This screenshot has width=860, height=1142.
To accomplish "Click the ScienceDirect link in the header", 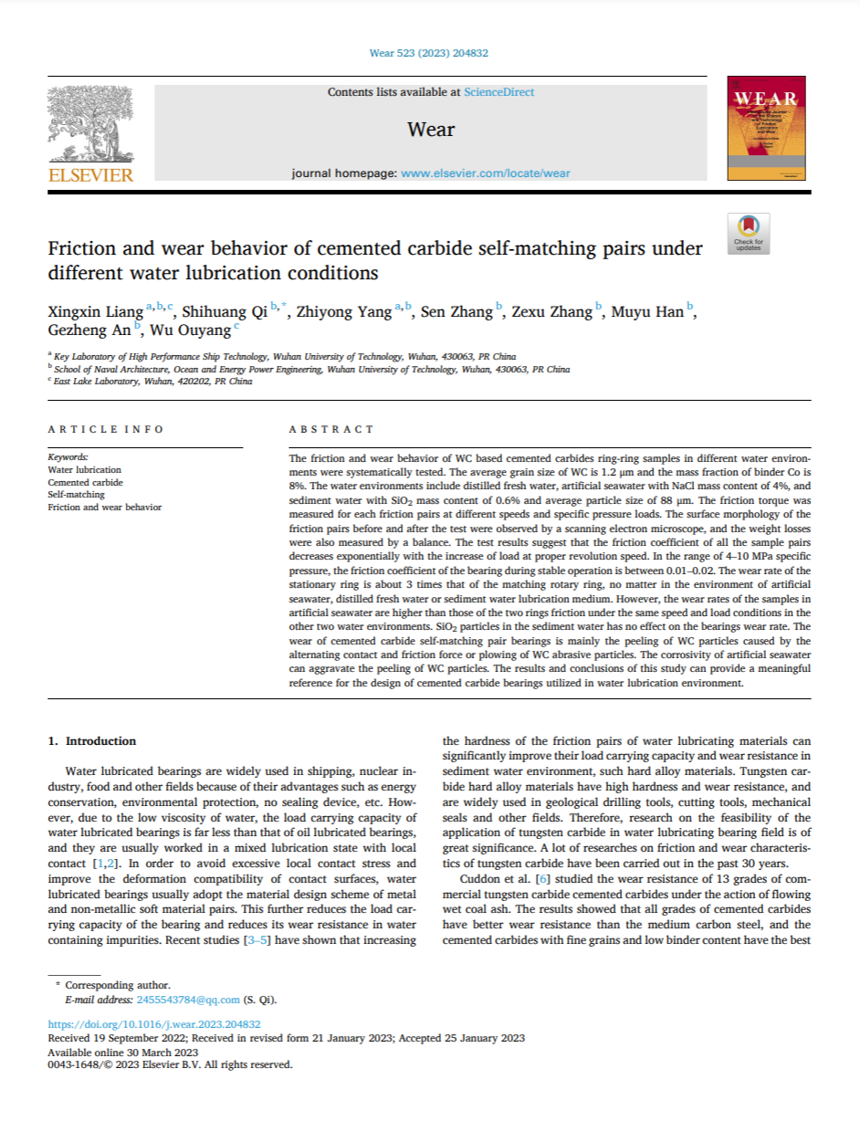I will pyautogui.click(x=498, y=92).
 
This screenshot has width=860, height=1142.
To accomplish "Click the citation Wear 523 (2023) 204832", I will pyautogui.click(x=429, y=53).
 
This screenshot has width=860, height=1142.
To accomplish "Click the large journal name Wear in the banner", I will pyautogui.click(x=430, y=129).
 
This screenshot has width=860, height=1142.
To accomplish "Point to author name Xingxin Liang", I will pyautogui.click(x=94, y=313).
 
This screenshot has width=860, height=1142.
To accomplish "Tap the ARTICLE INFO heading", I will pyautogui.click(x=105, y=429).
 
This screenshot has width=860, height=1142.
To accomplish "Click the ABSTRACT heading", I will pyautogui.click(x=330, y=429).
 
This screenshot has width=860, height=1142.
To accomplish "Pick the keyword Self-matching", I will pyautogui.click(x=76, y=494).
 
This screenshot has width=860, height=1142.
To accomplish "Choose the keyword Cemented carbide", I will pyautogui.click(x=85, y=482).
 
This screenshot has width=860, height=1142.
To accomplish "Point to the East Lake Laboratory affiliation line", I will pyautogui.click(x=152, y=382).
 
